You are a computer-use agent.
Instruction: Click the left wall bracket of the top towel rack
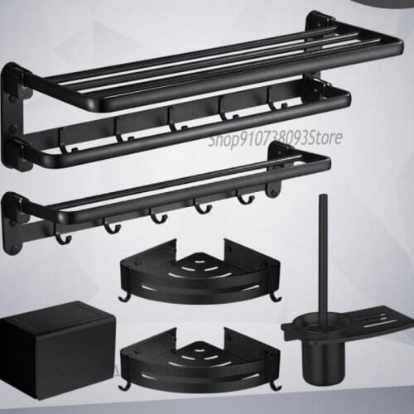click(x=18, y=116)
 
